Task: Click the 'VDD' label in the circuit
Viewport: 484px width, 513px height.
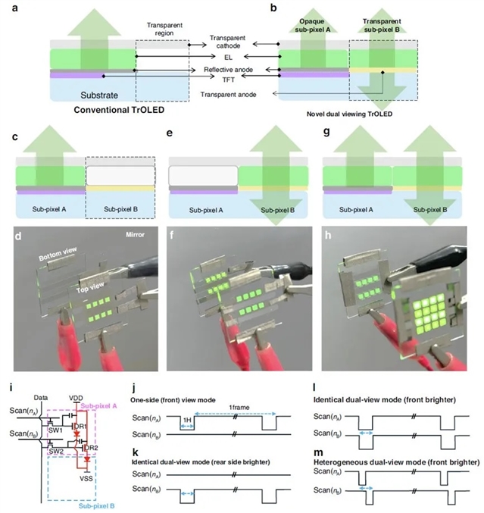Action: click(76, 396)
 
